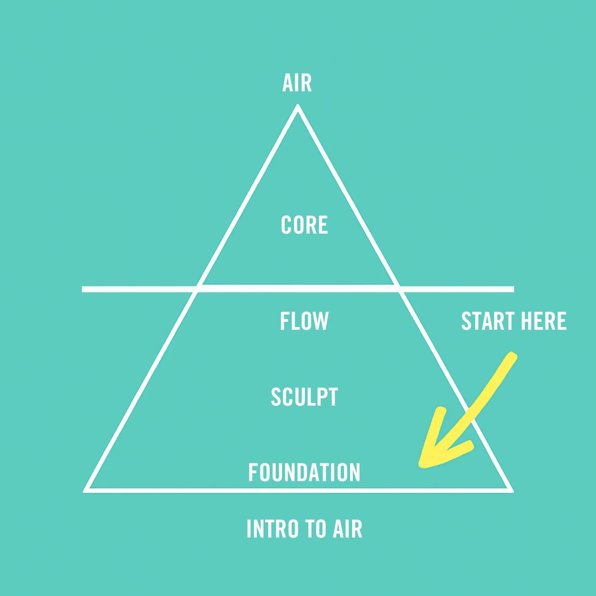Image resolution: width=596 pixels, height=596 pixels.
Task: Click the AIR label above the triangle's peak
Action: (297, 83)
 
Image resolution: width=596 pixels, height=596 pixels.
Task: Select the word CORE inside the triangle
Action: (304, 225)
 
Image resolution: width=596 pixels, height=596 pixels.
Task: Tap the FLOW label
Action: (304, 321)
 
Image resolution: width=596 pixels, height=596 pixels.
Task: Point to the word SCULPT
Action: (304, 397)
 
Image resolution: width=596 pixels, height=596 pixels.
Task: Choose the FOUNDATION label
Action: (304, 472)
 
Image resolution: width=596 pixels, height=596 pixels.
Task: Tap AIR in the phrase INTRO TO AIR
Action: (348, 529)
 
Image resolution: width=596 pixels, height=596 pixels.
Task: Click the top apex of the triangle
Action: (298, 106)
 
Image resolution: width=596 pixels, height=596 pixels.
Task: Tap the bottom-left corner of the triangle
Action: (86, 490)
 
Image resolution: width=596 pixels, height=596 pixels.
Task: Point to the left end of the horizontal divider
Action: (83, 289)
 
